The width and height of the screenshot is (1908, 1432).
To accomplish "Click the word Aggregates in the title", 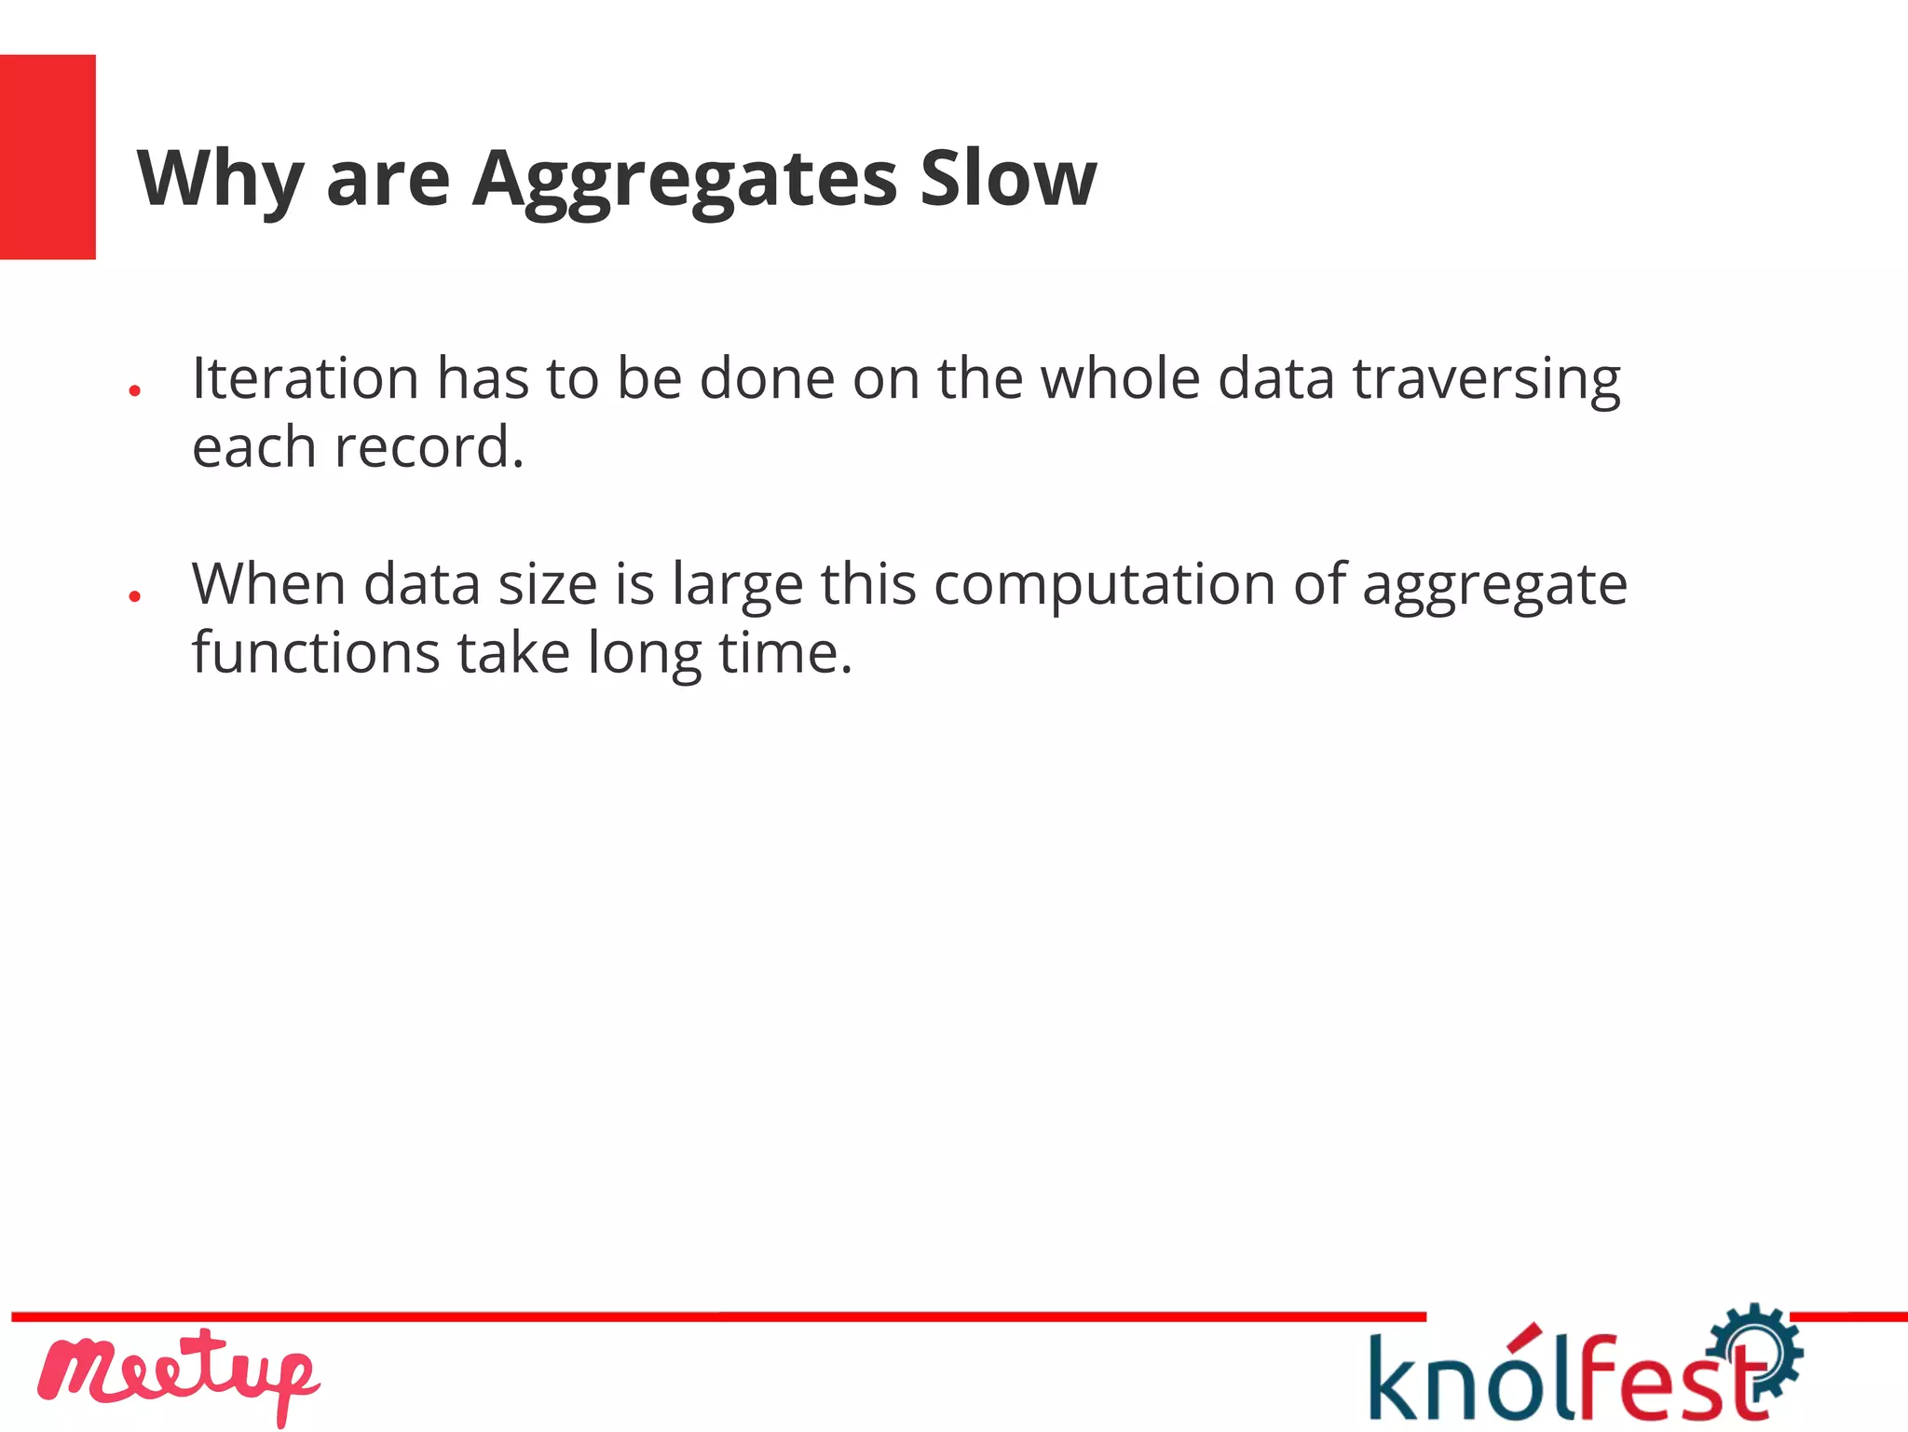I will click(685, 179).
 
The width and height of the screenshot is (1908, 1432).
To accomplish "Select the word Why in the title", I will click(220, 179).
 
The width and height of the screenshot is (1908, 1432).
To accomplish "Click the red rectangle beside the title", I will click(48, 157).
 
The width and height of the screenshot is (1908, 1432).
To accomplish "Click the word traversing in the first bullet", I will click(1486, 380).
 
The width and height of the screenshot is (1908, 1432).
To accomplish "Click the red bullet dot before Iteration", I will click(135, 391).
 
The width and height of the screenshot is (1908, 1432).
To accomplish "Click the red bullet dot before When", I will click(135, 596).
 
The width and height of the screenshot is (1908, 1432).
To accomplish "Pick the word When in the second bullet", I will click(269, 584).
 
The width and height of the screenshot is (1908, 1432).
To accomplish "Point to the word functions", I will click(316, 652).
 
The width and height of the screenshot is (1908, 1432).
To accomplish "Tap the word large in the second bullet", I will click(737, 586).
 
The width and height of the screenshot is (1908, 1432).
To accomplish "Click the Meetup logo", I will click(178, 1374).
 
